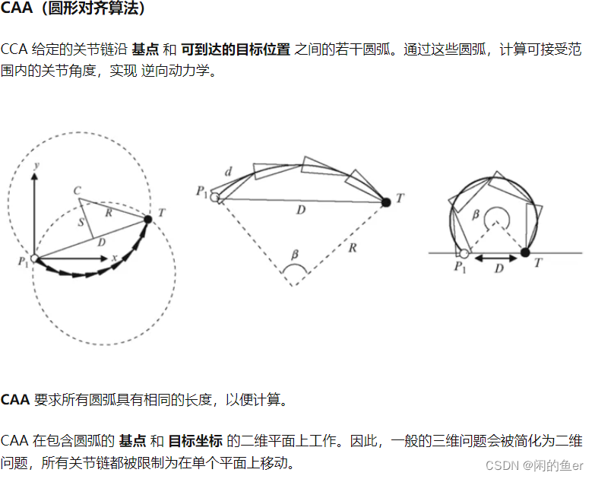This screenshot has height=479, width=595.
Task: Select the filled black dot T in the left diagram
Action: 147,219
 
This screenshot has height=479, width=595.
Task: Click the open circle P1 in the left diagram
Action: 34,259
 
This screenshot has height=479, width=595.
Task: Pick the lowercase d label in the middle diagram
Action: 228,173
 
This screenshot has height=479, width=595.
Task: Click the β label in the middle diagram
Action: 296,253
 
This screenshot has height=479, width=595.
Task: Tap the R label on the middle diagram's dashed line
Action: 352,247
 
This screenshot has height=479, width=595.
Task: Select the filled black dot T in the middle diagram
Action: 386,201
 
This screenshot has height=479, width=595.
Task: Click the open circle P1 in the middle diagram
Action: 215,198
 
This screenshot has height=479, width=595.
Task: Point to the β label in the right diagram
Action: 476,215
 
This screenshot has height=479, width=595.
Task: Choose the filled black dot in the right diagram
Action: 524,252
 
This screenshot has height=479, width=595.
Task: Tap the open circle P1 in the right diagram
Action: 464,252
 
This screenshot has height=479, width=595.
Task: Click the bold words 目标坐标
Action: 195,440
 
